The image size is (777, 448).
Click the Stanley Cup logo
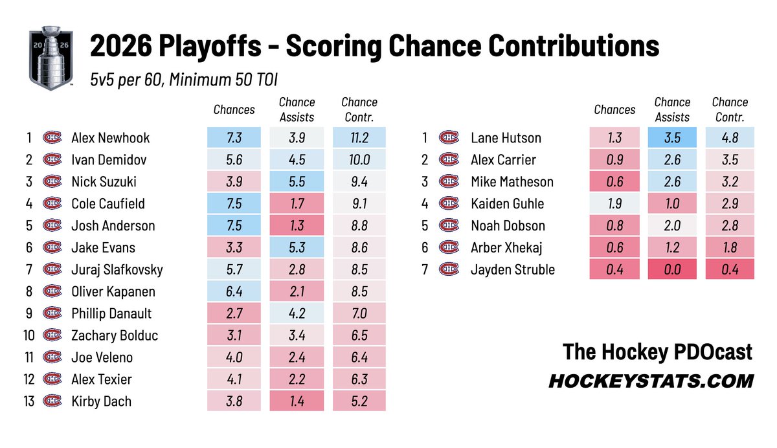click(51, 58)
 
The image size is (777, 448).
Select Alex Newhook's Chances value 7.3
click(234, 138)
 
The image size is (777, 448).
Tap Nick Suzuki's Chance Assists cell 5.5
click(297, 181)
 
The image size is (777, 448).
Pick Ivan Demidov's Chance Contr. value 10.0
click(359, 159)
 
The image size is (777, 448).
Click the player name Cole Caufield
click(108, 203)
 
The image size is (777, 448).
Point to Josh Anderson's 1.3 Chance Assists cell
click(297, 225)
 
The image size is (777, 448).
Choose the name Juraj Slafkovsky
click(117, 270)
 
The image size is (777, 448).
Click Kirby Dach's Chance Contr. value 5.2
click(359, 401)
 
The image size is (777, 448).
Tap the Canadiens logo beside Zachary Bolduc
click(52, 335)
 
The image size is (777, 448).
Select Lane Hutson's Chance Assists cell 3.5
click(672, 138)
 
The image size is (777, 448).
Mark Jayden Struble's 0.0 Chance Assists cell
click(672, 269)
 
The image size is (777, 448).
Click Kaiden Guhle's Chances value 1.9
click(614, 203)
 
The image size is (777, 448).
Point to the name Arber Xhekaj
click(506, 247)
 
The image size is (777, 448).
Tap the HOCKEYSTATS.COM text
click(651, 381)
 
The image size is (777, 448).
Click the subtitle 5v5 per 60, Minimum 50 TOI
click(184, 80)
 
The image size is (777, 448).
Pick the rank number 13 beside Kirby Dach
click(28, 401)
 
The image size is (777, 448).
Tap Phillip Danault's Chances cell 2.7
click(234, 313)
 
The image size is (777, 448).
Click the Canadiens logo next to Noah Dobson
click(449, 225)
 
